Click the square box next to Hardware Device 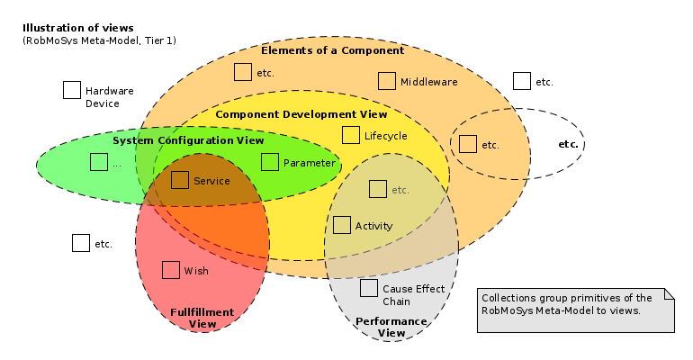pyautogui.click(x=72, y=90)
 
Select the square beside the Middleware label pyautogui.click(x=387, y=81)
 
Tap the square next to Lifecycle pyautogui.click(x=351, y=135)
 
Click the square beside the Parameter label pyautogui.click(x=270, y=162)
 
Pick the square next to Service pyautogui.click(x=180, y=180)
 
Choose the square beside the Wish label pyautogui.click(x=171, y=270)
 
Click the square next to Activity pyautogui.click(x=342, y=225)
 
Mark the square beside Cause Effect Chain pyautogui.click(x=369, y=288)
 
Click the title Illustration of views pyautogui.click(x=78, y=28)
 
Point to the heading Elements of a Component pyautogui.click(x=333, y=50)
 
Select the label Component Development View pyautogui.click(x=301, y=114)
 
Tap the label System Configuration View pyautogui.click(x=188, y=140)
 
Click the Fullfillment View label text pyautogui.click(x=202, y=318)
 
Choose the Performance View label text pyautogui.click(x=391, y=327)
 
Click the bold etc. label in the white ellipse pyautogui.click(x=568, y=144)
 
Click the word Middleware pyautogui.click(x=429, y=82)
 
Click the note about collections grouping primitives pyautogui.click(x=573, y=303)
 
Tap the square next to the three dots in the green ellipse pyautogui.click(x=99, y=162)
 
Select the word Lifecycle pyautogui.click(x=386, y=136)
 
